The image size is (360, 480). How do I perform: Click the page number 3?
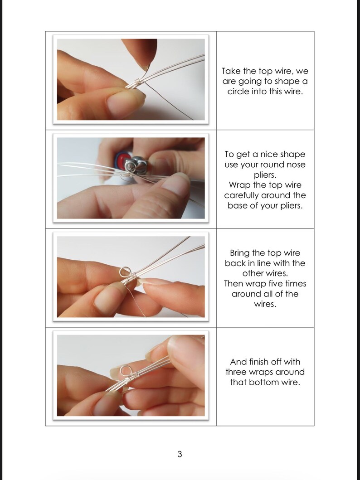coord(180,454)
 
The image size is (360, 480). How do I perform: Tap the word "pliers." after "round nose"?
coord(265,175)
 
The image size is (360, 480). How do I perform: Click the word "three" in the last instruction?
coord(237,372)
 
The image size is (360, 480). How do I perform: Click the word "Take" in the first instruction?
coord(231,71)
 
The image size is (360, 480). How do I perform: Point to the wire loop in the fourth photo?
coord(125,371)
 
